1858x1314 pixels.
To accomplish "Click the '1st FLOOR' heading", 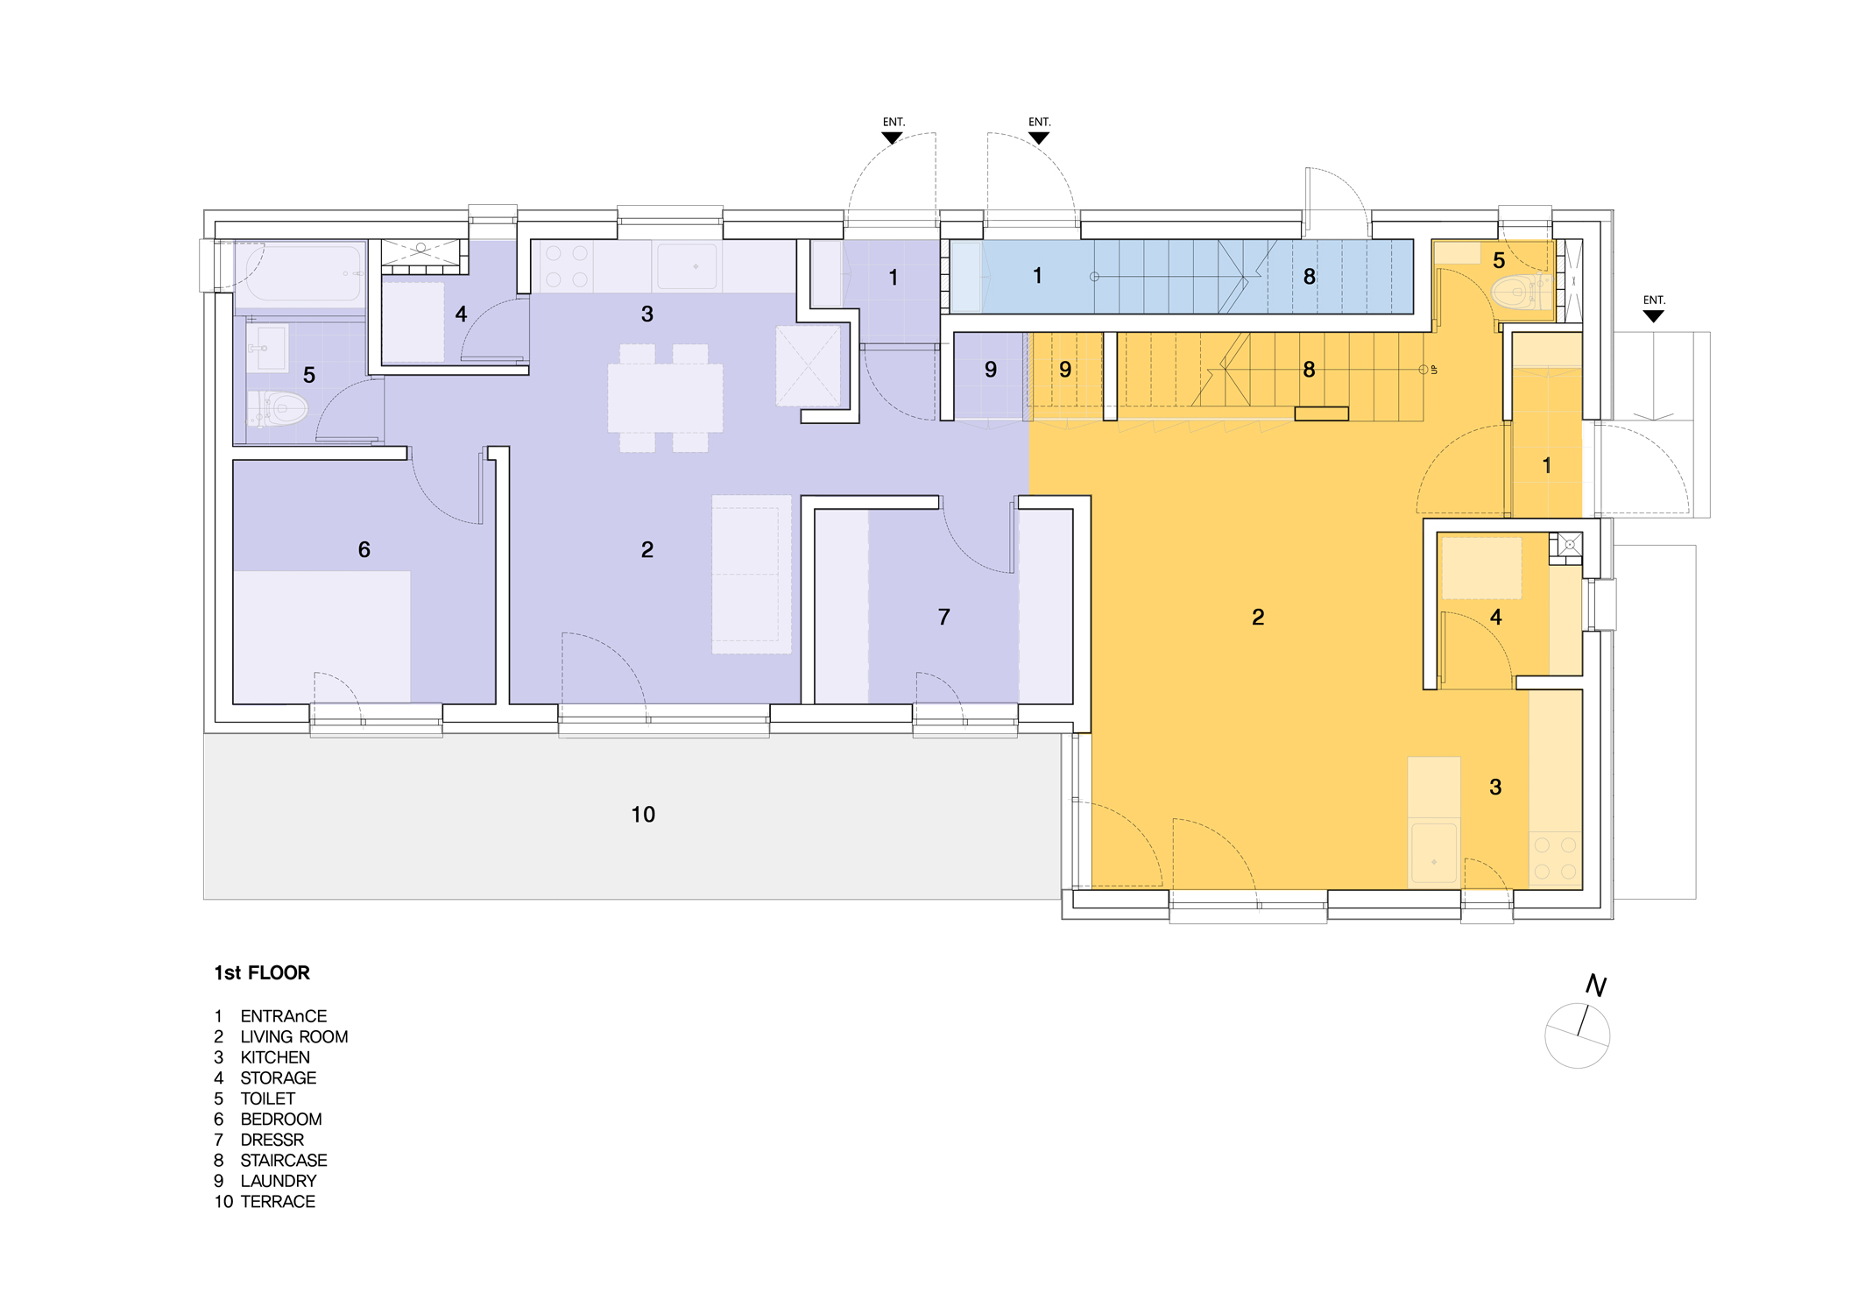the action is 262,972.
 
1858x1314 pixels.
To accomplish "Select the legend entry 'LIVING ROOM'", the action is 294,1036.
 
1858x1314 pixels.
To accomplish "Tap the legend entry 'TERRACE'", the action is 278,1201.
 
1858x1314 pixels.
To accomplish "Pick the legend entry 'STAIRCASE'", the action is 284,1160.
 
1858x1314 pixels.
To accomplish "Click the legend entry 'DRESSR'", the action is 272,1140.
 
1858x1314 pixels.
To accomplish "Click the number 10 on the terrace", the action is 643,815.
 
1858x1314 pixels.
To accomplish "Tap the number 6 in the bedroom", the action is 364,549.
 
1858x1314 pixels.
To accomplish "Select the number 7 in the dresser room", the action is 943,617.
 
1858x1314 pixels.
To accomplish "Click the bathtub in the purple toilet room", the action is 300,273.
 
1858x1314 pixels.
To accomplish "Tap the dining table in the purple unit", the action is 665,399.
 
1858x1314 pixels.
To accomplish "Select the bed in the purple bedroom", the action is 321,637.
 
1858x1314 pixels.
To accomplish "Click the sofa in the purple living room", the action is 752,575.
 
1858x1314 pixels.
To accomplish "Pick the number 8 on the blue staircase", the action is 1309,277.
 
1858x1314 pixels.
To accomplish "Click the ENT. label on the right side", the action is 1654,300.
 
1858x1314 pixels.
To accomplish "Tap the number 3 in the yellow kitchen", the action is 1495,787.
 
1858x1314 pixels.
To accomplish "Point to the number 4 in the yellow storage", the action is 1495,617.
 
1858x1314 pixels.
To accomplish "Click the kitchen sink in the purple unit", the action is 687,265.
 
